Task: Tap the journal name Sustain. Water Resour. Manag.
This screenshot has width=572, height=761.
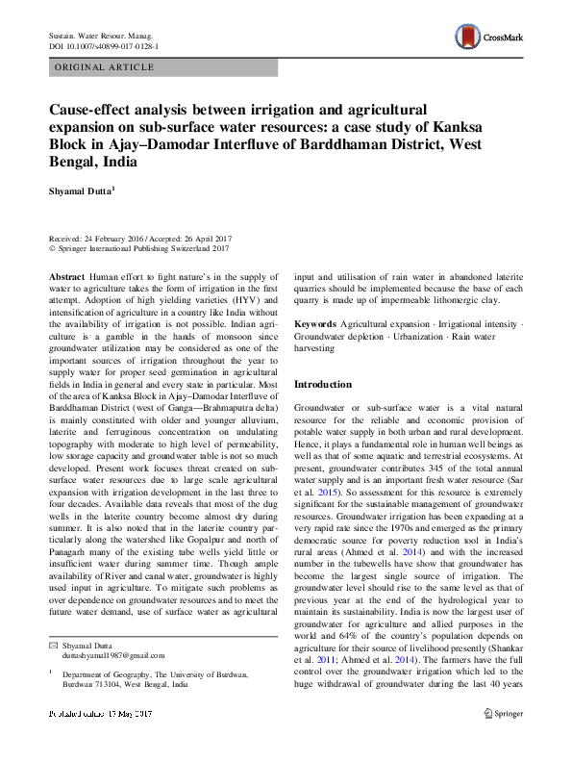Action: point(103,35)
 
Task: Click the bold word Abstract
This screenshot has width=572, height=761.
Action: point(67,275)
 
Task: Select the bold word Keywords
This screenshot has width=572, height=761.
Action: point(315,323)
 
